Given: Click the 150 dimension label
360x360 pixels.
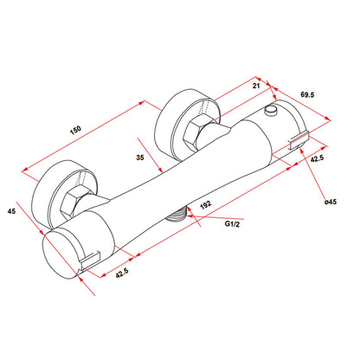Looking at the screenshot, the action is click(75, 130).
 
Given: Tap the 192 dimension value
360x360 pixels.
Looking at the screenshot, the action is click(206, 204).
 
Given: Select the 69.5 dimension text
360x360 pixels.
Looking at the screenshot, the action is click(307, 94).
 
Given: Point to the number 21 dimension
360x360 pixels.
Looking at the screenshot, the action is click(256, 86).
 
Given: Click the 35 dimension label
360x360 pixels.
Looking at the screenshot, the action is click(140, 157).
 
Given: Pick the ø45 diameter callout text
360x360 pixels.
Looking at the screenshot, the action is click(331, 202).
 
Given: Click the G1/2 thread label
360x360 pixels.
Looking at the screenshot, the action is click(232, 223).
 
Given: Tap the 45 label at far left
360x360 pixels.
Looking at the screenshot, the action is click(11, 211).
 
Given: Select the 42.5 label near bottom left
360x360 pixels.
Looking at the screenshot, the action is click(122, 273).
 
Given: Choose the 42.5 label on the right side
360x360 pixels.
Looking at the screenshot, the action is click(317, 158).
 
